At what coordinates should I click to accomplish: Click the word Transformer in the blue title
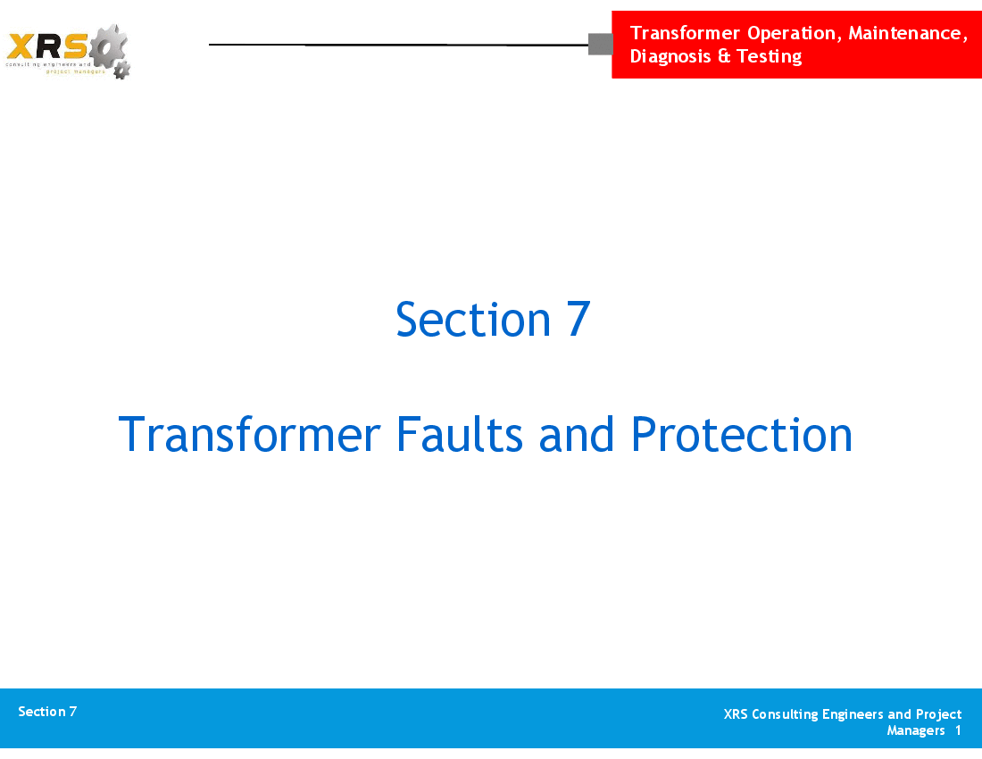(249, 434)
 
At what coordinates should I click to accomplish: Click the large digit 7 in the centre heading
(578, 320)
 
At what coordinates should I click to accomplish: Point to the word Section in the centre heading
(473, 320)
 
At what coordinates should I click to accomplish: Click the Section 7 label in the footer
(47, 712)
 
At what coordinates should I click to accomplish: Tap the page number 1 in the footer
(958, 730)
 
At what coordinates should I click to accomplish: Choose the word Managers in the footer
(916, 731)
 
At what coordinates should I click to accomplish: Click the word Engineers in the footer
(853, 714)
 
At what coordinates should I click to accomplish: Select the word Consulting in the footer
(785, 714)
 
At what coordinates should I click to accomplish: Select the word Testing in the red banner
(769, 56)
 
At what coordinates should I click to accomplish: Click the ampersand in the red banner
(724, 56)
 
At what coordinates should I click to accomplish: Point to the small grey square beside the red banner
(601, 45)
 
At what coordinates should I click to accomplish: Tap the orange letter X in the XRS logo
(20, 46)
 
